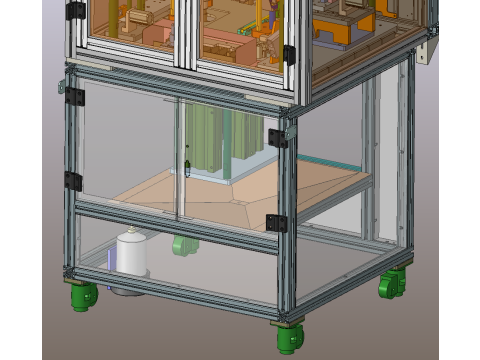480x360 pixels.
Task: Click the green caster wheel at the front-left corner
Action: pyautogui.click(x=84, y=296)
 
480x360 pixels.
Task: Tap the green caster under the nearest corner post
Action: pyautogui.click(x=289, y=338)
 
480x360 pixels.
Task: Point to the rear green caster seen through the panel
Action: pyautogui.click(x=182, y=245)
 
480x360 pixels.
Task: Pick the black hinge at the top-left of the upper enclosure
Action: pyautogui.click(x=75, y=12)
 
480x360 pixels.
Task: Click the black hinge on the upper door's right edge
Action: pyautogui.click(x=289, y=54)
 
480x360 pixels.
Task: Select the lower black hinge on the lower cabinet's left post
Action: pyautogui.click(x=73, y=180)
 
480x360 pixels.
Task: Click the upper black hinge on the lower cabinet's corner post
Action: pyautogui.click(x=278, y=138)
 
